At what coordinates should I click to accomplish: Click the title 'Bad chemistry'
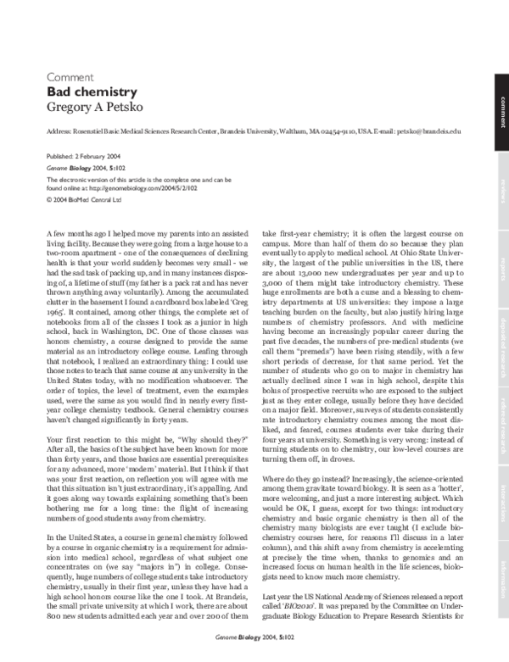(91, 91)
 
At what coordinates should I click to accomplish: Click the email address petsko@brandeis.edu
(430, 132)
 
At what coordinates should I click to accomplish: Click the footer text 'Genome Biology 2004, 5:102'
(255, 654)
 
